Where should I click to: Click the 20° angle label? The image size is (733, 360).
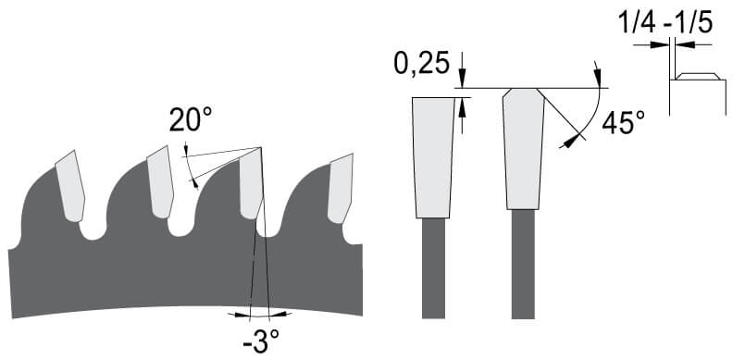(x=191, y=119)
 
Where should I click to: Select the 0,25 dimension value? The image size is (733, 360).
(x=422, y=63)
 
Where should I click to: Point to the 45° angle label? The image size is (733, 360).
(x=623, y=123)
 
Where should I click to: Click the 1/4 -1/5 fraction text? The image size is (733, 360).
(x=666, y=22)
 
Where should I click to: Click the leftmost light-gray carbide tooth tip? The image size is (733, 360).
(x=70, y=186)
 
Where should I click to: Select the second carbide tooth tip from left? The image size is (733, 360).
(x=161, y=182)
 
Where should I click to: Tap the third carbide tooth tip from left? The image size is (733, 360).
(x=252, y=183)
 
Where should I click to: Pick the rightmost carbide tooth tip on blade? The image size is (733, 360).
(x=341, y=189)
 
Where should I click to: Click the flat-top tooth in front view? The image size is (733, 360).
(x=433, y=157)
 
